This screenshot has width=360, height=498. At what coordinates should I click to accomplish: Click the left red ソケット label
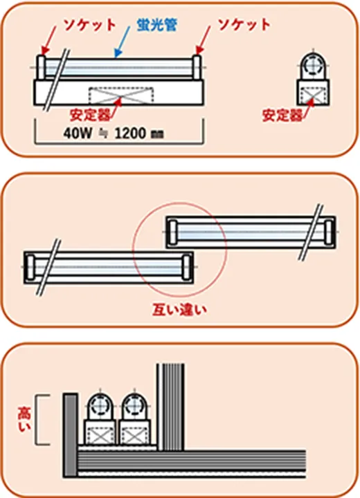coord(90,25)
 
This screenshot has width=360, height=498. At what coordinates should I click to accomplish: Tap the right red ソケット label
coord(244,24)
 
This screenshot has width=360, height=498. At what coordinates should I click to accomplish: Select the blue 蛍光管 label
coord(156,24)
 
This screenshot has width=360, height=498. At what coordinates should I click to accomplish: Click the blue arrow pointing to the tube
coord(123,42)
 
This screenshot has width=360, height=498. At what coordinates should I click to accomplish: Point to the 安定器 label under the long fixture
coord(90,115)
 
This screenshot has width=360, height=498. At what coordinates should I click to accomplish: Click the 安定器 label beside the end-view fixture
coord(282,116)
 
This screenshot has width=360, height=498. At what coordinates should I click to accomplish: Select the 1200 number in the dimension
coord(130,133)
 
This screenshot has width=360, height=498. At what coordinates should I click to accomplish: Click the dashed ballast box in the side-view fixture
coord(121,95)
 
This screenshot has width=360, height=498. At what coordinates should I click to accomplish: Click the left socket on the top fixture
coord(41,67)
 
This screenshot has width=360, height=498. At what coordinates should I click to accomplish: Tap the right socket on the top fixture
coord(197,67)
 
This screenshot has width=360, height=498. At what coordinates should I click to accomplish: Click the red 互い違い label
coord(180,309)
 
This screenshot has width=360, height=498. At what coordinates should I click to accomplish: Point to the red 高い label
coord(24,420)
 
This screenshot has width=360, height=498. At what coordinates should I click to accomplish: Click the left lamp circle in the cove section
coord(100,405)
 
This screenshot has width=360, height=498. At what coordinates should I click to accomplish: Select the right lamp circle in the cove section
coord(135,405)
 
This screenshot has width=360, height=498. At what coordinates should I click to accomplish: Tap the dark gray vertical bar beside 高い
coord(71,435)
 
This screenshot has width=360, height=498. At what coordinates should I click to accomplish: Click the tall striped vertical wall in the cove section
coord(170,407)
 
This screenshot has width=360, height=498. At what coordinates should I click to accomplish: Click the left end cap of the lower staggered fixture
coord(30,267)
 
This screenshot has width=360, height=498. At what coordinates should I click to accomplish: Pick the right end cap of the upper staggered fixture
coord(329,232)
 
